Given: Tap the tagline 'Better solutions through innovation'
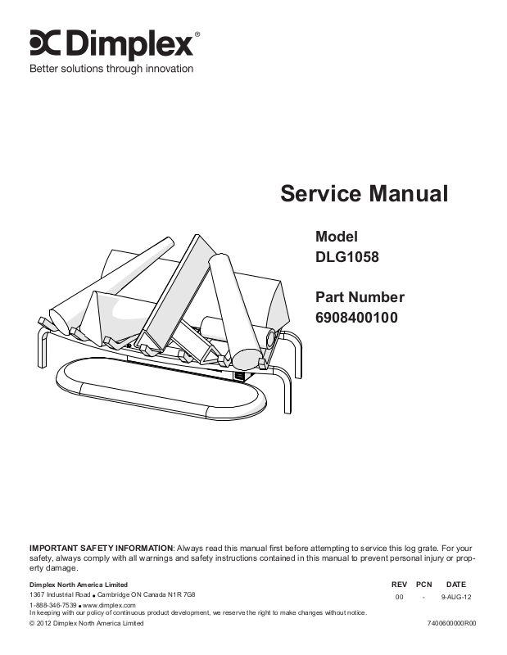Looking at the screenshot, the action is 111,69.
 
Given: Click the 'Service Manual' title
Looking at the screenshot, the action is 364,194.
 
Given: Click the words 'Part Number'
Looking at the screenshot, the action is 360,297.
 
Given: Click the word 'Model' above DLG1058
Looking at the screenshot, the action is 337,236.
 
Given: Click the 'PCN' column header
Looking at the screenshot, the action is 423,585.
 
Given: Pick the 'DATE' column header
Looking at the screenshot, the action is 456,585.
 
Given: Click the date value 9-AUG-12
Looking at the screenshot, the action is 456,598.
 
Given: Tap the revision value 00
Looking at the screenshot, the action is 400,598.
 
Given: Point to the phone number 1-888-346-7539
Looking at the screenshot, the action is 53,604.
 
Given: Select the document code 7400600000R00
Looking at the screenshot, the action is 451,624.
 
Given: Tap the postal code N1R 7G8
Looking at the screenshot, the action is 183,594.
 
